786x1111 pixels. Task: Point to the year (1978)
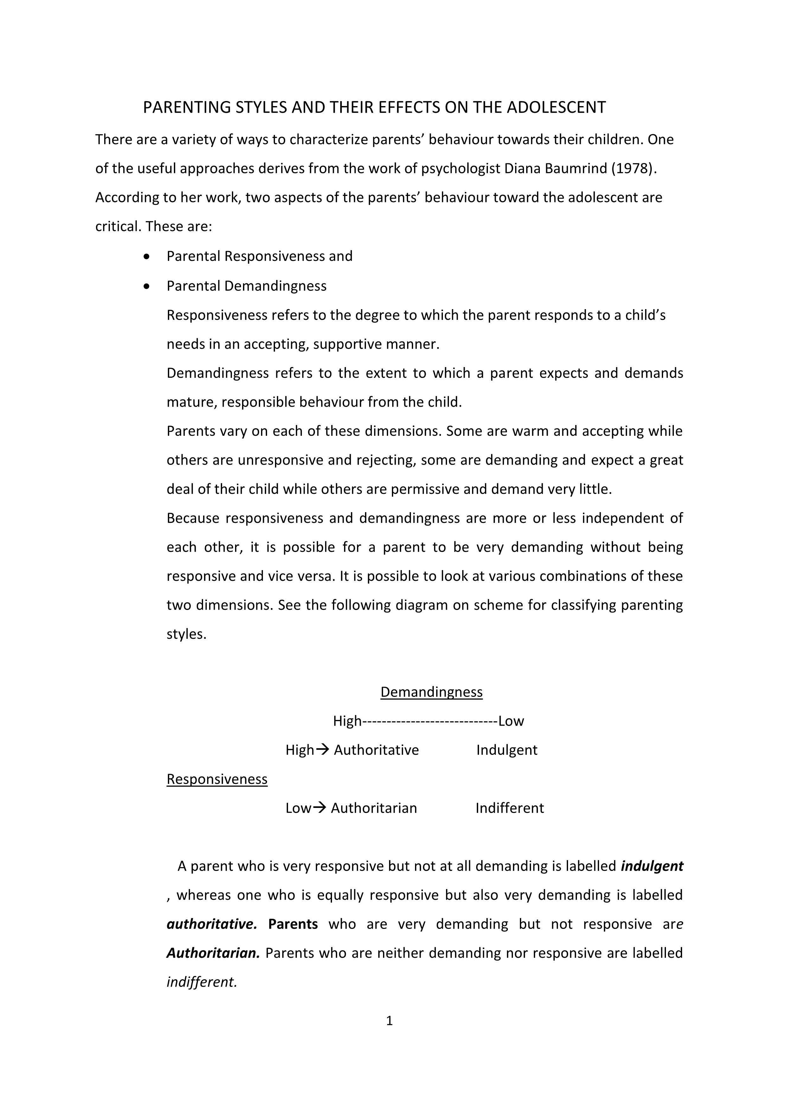[633, 168]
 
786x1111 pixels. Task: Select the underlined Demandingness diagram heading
[431, 692]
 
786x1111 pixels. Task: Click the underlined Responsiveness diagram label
[217, 779]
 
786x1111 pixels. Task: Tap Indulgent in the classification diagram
[507, 750]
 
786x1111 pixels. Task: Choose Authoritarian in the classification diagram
[374, 808]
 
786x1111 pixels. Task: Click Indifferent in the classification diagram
[510, 808]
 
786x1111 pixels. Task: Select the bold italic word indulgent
[652, 866]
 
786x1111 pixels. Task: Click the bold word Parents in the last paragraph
[293, 924]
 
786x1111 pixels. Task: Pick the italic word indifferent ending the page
[202, 982]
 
